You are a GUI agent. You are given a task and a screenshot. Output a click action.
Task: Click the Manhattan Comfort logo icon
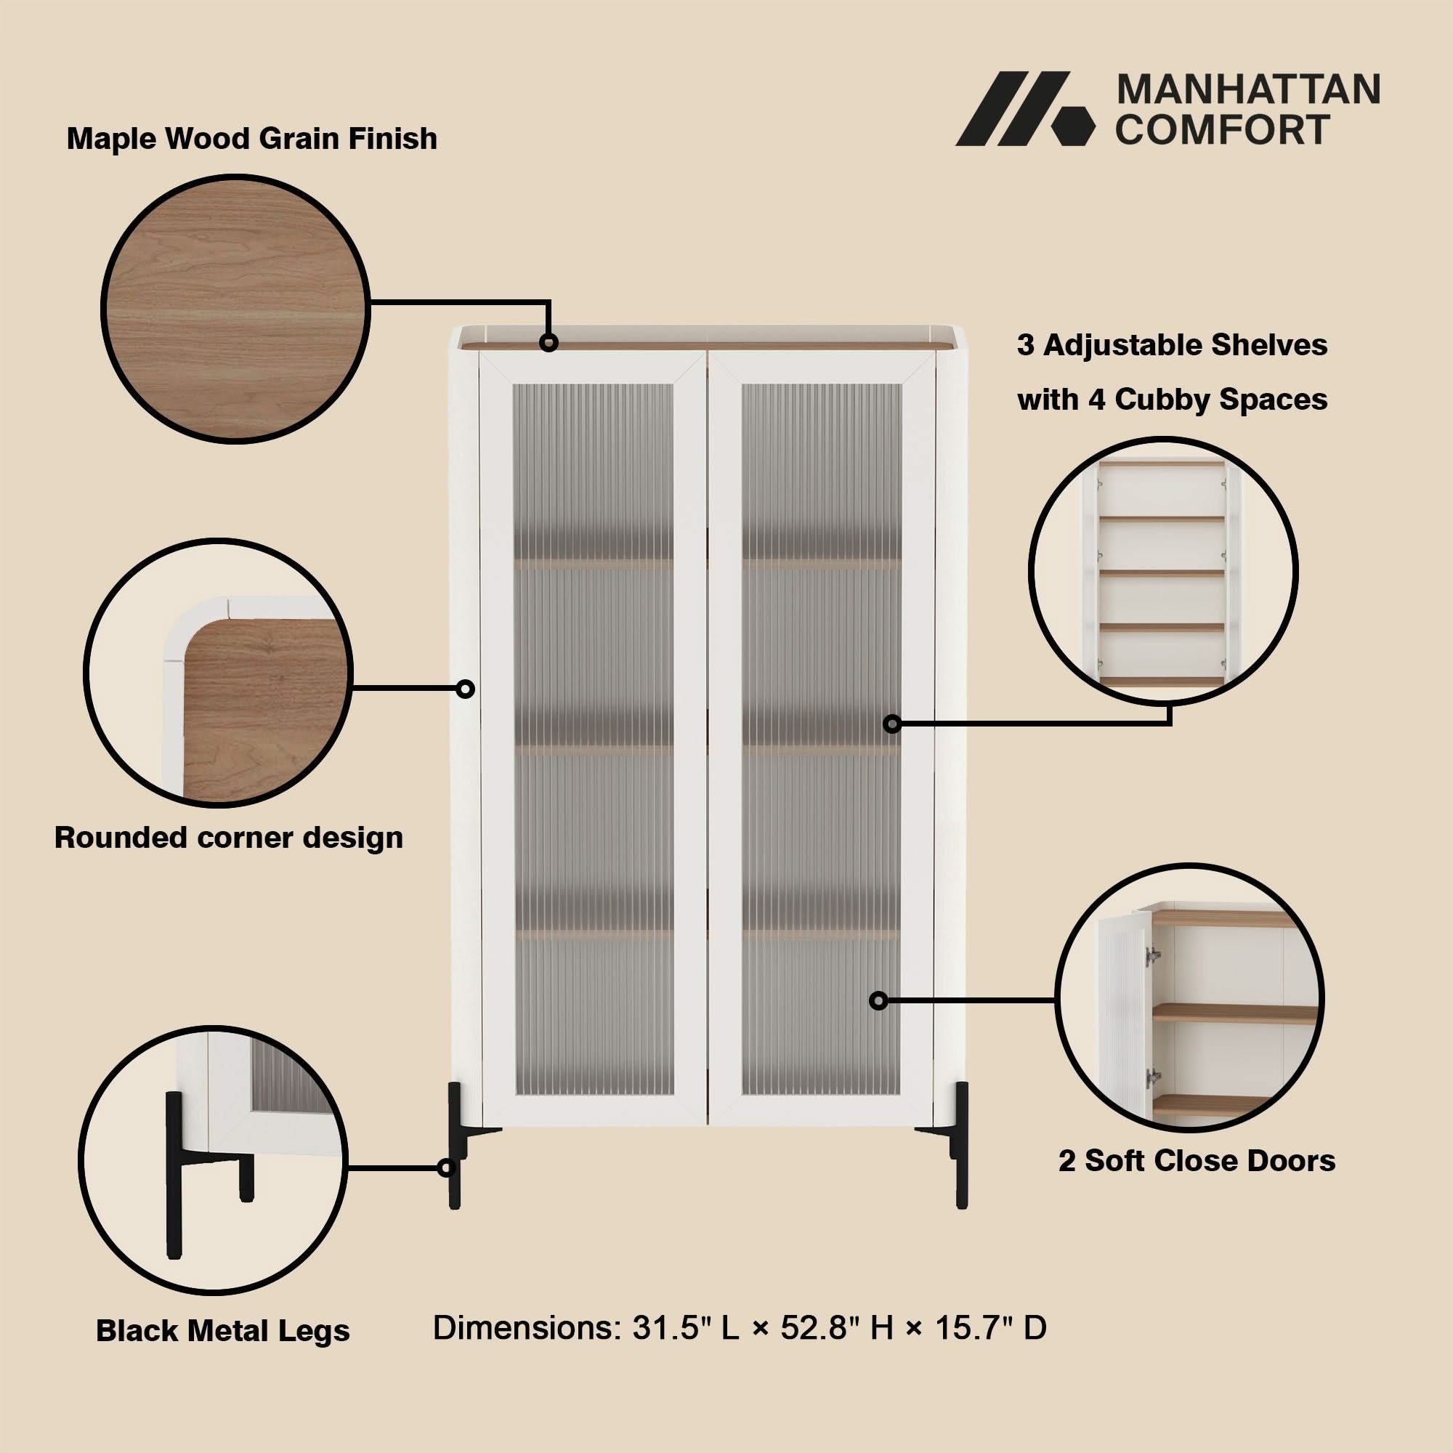(x=1024, y=108)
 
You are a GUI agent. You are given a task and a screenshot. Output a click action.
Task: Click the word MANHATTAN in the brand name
(x=1248, y=90)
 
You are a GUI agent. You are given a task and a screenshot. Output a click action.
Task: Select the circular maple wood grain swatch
(x=235, y=309)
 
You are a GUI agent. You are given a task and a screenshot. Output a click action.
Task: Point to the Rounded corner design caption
(x=229, y=838)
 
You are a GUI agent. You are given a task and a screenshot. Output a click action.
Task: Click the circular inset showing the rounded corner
(x=218, y=673)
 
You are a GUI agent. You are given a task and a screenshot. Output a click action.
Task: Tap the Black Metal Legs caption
(x=222, y=1330)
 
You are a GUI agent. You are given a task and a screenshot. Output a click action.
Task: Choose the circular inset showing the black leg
(x=213, y=1160)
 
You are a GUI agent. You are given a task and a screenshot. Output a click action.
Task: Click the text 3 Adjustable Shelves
(x=1172, y=345)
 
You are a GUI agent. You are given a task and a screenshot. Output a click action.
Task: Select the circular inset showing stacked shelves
(x=1162, y=572)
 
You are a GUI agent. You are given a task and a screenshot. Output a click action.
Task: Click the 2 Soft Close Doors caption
(x=1197, y=1160)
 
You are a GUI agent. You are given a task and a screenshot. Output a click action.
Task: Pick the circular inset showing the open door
(x=1190, y=997)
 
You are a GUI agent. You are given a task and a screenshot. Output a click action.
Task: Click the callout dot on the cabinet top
(x=549, y=343)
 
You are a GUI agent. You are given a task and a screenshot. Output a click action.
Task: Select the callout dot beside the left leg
(x=447, y=1168)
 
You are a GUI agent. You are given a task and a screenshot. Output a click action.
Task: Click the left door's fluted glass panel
(x=594, y=740)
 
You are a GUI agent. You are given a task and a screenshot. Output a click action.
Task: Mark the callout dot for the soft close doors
(x=878, y=1001)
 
